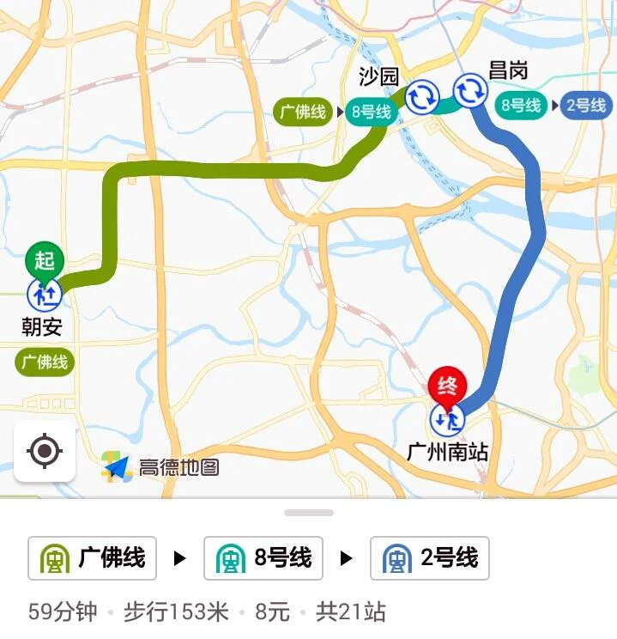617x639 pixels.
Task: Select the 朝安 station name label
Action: click(42, 326)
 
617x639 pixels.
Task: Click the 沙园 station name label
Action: click(378, 77)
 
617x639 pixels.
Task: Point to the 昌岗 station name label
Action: click(507, 71)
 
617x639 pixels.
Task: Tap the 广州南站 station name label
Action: click(448, 452)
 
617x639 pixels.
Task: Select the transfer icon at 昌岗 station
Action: click(470, 90)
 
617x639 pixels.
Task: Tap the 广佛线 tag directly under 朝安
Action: click(45, 362)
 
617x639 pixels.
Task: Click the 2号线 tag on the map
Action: click(586, 106)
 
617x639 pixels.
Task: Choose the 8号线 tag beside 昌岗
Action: click(522, 106)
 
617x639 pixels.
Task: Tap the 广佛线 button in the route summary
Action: click(93, 558)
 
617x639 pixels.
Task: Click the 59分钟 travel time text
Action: click(64, 612)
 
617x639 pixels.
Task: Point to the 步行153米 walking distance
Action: click(176, 612)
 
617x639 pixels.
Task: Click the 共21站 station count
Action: click(350, 612)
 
